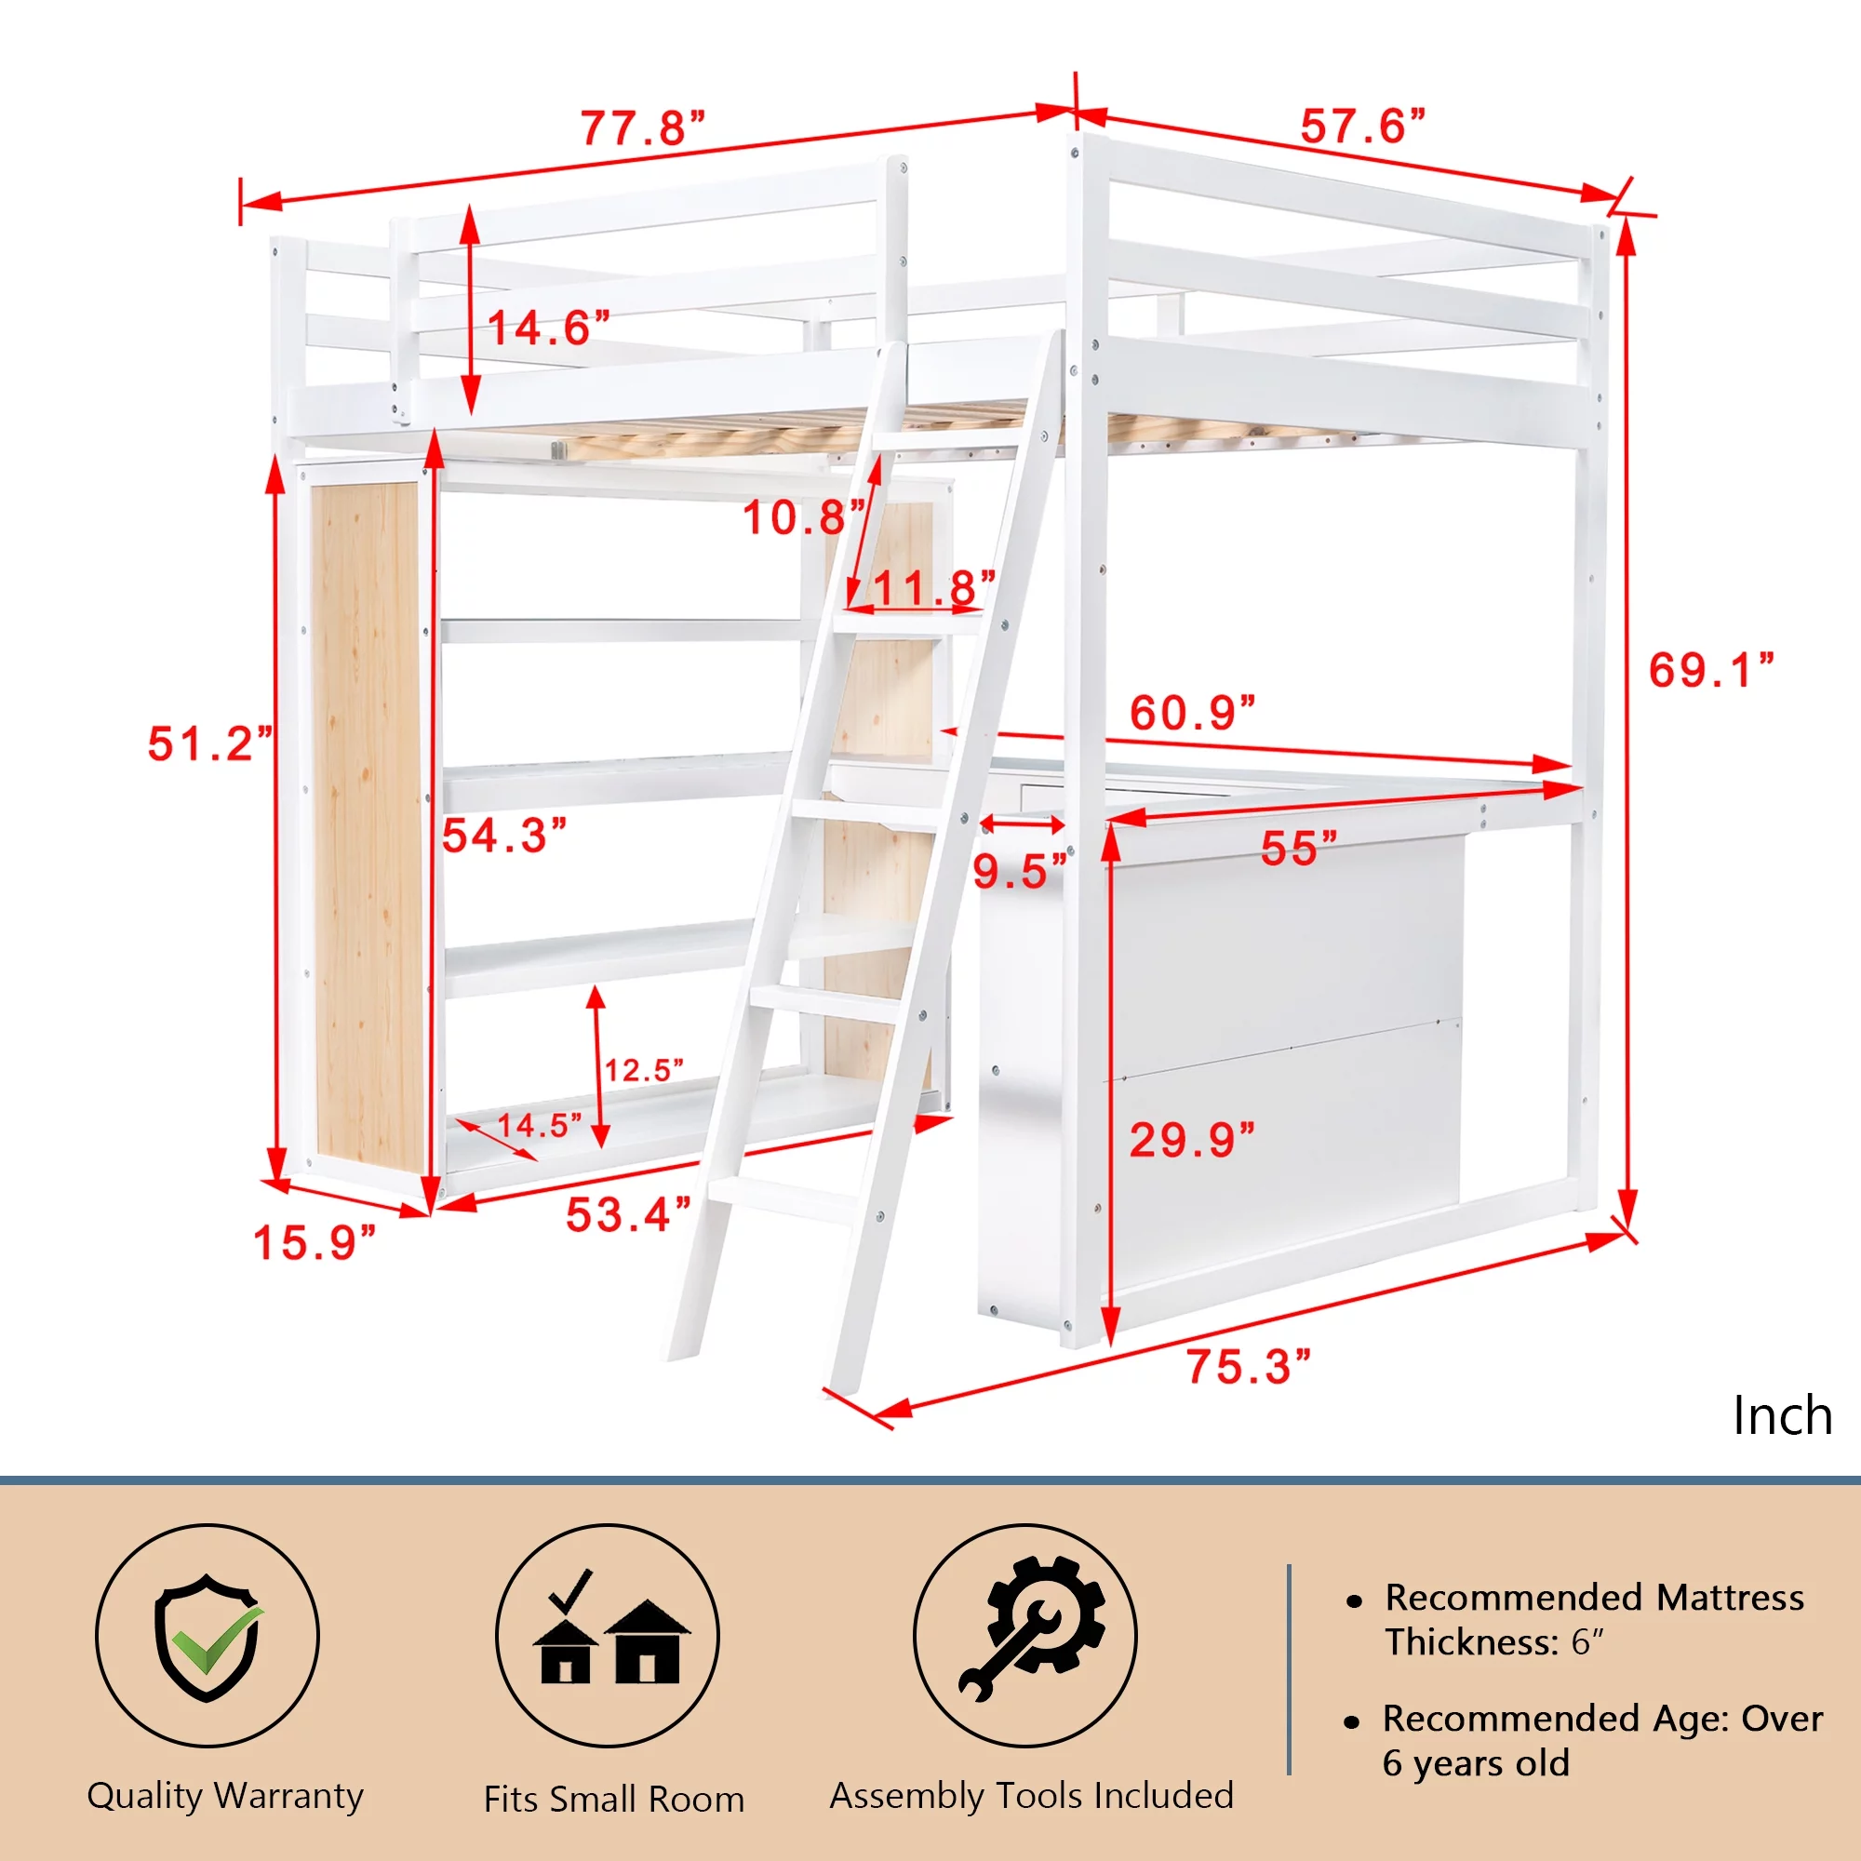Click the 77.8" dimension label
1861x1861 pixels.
[642, 128]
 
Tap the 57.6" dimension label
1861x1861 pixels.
[1362, 127]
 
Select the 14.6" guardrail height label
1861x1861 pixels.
[549, 328]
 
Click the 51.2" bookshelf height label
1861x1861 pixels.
[210, 743]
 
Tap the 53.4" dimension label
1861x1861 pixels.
[628, 1214]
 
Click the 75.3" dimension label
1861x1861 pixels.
[1249, 1367]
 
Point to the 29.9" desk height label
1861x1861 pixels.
[1193, 1141]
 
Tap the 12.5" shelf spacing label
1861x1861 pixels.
[644, 1070]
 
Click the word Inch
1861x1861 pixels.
[1782, 1415]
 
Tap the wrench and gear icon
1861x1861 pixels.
[1033, 1627]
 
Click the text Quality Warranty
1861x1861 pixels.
[225, 1797]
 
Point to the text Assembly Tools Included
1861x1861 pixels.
[1032, 1796]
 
